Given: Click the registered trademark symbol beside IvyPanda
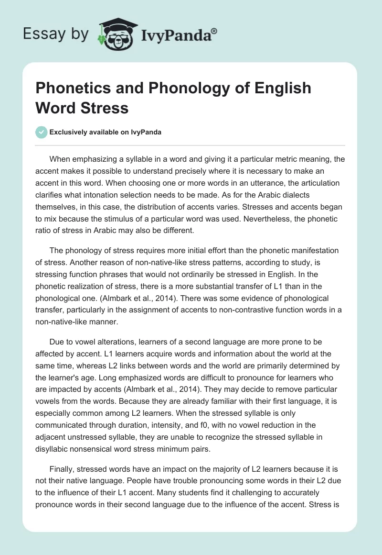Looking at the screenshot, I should click(x=214, y=31).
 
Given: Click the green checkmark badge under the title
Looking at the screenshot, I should click(x=42, y=132).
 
